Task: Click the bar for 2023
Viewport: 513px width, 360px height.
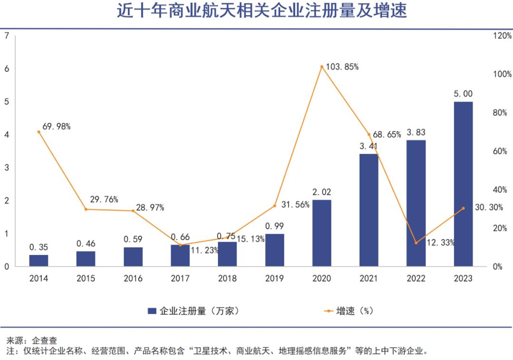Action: pos(463,184)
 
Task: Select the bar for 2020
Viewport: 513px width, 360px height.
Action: pos(322,233)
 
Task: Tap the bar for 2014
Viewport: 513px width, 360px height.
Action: pos(38,260)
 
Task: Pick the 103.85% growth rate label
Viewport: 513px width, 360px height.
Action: pos(342,67)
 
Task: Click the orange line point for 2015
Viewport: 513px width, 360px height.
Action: pos(86,209)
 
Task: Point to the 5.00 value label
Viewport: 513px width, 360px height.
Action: pos(463,94)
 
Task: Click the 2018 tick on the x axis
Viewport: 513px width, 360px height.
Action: pos(227,279)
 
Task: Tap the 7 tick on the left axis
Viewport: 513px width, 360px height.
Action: pos(6,36)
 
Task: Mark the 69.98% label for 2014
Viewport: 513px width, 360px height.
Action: pos(56,126)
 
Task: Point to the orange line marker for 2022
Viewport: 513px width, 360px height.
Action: pos(416,243)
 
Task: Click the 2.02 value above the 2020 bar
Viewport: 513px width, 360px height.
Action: pos(322,192)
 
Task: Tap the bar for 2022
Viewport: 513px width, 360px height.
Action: pos(416,203)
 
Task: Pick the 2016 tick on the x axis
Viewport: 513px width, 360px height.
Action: pos(133,279)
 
